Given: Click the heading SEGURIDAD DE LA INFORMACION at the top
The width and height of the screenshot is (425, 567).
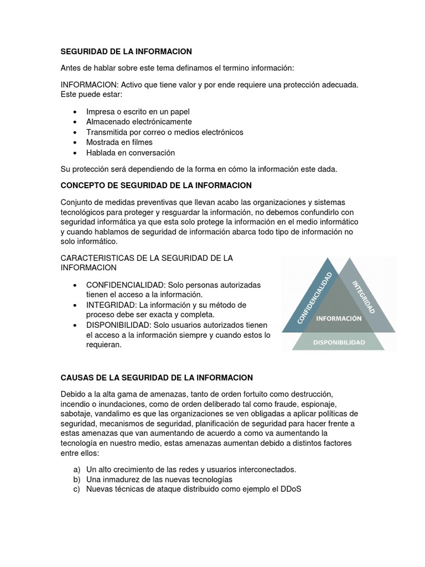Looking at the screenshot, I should [126, 51].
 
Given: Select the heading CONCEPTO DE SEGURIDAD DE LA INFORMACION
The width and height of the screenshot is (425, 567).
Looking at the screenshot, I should [156, 185].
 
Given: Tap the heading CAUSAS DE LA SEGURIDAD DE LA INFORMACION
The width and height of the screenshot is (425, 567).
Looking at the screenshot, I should [157, 378].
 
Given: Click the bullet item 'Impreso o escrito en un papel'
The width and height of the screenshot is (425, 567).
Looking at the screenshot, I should [138, 111].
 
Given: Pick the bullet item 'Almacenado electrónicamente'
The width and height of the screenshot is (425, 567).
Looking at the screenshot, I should [139, 122].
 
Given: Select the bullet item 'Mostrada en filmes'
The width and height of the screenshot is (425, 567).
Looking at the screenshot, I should [120, 142].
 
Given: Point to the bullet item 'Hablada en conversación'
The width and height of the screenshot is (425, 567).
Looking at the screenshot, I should [131, 153].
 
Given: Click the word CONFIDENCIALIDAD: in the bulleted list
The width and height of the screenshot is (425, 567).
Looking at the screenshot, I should [126, 285].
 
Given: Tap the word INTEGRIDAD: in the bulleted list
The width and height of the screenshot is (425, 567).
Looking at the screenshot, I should [111, 305].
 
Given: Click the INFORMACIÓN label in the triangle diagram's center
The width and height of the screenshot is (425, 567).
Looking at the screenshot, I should [339, 318].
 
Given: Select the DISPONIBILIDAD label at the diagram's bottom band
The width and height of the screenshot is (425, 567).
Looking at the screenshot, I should [339, 343].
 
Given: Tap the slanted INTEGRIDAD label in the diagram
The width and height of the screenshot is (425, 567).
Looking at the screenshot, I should [364, 297].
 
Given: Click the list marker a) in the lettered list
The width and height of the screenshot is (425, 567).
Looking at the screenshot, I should [76, 469].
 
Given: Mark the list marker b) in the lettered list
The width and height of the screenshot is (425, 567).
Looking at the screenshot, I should [76, 479].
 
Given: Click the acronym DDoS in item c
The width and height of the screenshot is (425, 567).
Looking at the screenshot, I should [291, 489].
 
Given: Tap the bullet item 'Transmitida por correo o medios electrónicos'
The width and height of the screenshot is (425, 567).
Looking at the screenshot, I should [164, 132].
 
